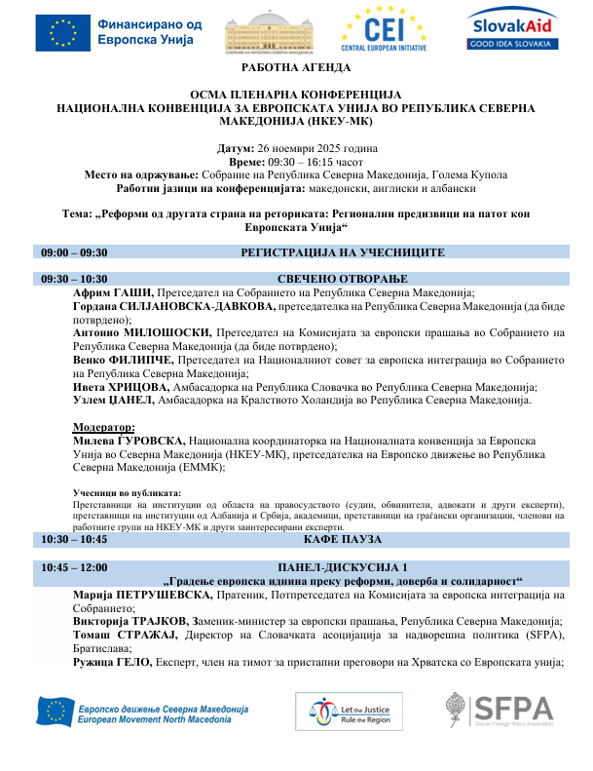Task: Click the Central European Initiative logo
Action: (x=386, y=29)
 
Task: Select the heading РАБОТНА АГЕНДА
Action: (x=296, y=68)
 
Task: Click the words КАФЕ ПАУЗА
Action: (x=343, y=539)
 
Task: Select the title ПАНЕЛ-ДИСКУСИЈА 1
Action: (x=343, y=567)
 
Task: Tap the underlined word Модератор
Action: (x=104, y=427)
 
